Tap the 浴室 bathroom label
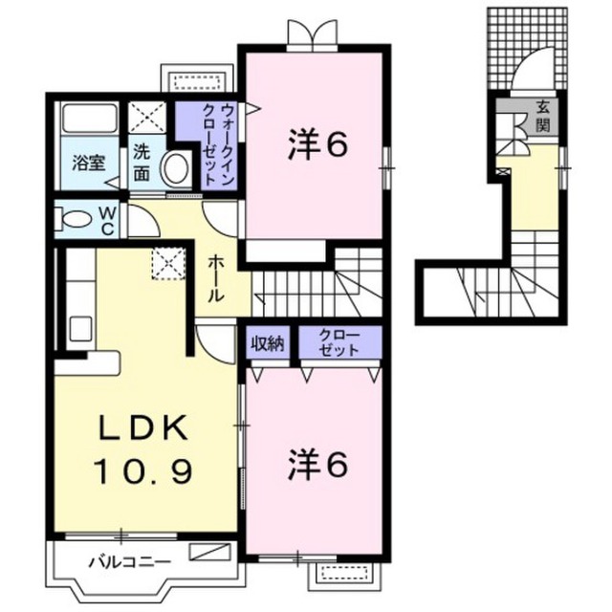(x=89, y=163)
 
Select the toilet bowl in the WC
(x=73, y=219)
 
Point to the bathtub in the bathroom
(x=91, y=117)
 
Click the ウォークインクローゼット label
(x=217, y=143)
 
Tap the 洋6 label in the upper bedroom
(x=317, y=145)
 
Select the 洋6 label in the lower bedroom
(x=317, y=466)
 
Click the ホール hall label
(x=216, y=278)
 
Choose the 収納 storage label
(x=268, y=344)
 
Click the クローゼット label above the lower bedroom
(x=339, y=342)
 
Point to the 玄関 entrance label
(x=542, y=116)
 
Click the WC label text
(x=107, y=221)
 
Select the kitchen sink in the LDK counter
(x=80, y=329)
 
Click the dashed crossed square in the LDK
(x=168, y=264)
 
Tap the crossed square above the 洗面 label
(x=147, y=117)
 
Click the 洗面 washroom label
(x=142, y=163)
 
